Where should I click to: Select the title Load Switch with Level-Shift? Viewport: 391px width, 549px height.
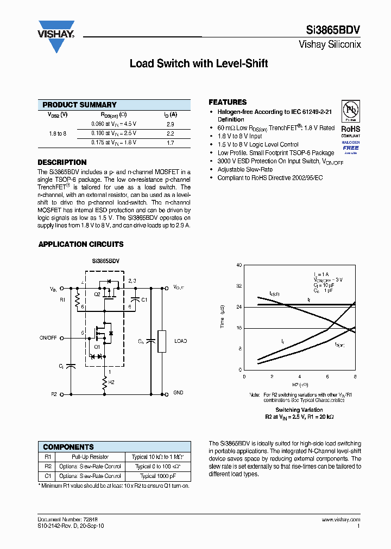tap(199, 63)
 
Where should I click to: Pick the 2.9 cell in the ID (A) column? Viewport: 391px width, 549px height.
tap(170, 124)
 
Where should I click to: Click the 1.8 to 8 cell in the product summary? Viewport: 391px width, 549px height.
tap(57, 133)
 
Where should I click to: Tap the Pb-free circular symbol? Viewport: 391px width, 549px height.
tap(350, 111)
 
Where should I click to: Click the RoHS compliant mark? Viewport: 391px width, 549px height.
tap(350, 131)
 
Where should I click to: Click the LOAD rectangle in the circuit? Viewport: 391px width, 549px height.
tap(161, 341)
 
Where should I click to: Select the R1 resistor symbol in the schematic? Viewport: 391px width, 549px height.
tap(77, 299)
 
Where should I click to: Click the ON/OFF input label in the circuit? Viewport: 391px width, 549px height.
tap(48, 337)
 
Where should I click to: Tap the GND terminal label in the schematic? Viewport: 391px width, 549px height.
tap(178, 392)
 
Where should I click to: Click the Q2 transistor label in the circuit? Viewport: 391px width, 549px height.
tap(97, 293)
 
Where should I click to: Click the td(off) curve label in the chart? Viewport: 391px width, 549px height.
tap(275, 293)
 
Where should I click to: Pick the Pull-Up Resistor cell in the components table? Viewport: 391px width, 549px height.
tap(90, 457)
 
